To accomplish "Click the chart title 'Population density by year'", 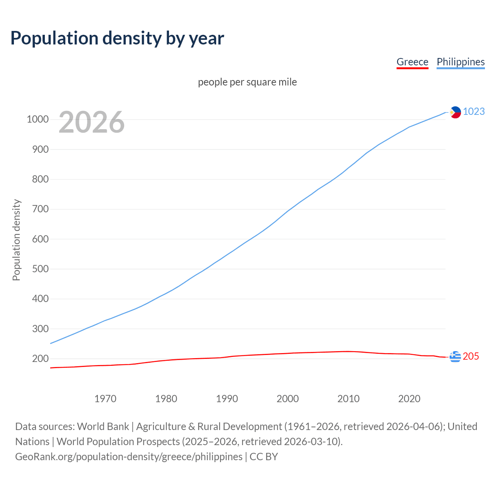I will [x=117, y=38].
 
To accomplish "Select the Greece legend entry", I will [x=412, y=62].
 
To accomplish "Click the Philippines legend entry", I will [x=461, y=62].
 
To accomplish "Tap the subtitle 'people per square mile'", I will [x=247, y=82].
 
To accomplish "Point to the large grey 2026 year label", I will [x=92, y=122].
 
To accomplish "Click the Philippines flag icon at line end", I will [x=455, y=112].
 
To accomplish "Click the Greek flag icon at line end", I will [x=455, y=357].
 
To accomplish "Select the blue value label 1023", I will [x=474, y=112].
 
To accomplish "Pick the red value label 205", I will [x=471, y=357].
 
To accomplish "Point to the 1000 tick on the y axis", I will [x=38, y=119].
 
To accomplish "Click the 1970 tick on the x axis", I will [x=105, y=399].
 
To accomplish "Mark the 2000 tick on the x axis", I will [x=288, y=399].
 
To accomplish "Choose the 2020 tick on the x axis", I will [x=409, y=399].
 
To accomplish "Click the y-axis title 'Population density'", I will [x=16, y=240].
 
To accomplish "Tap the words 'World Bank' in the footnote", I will [x=103, y=427].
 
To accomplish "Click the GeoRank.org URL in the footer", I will [x=129, y=457].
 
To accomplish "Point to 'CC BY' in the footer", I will [x=264, y=457].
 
